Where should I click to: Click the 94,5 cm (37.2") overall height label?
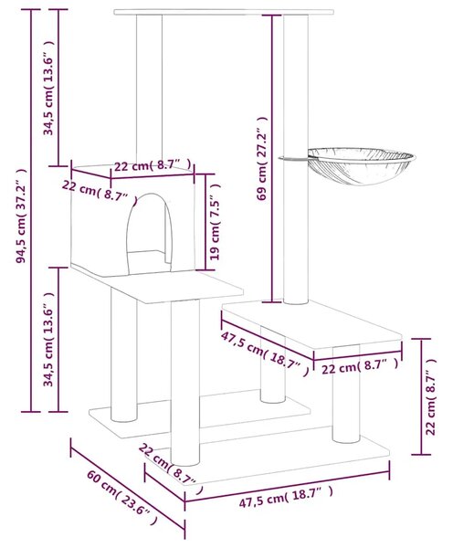[21, 216]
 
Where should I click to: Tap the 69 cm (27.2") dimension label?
[262, 159]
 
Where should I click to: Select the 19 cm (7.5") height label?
[215, 222]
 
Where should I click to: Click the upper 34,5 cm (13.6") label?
[48, 88]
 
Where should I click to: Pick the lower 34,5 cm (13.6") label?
[48, 340]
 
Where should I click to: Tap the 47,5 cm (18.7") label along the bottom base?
[286, 496]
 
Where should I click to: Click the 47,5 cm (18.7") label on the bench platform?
[265, 353]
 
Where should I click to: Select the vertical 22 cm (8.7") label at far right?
[430, 396]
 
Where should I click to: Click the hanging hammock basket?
[360, 165]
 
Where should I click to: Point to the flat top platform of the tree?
[224, 12]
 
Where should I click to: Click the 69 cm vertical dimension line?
[272, 158]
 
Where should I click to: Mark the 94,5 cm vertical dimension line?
[31, 210]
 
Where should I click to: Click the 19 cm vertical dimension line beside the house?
[205, 222]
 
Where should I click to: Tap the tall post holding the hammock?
[296, 159]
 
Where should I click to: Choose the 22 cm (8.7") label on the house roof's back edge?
[153, 165]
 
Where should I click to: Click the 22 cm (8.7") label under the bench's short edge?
[359, 367]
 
